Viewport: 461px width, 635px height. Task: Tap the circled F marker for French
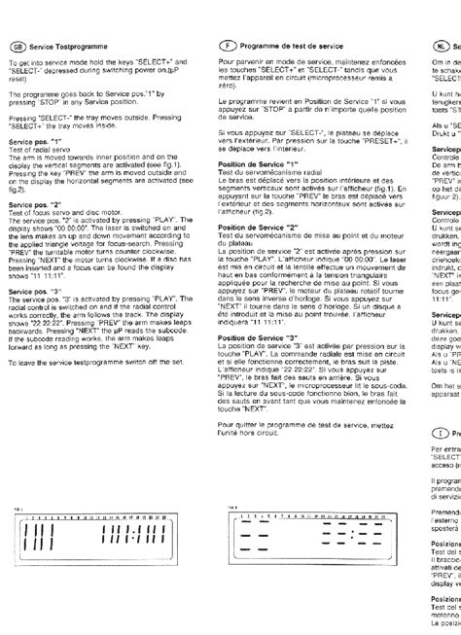(x=229, y=46)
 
